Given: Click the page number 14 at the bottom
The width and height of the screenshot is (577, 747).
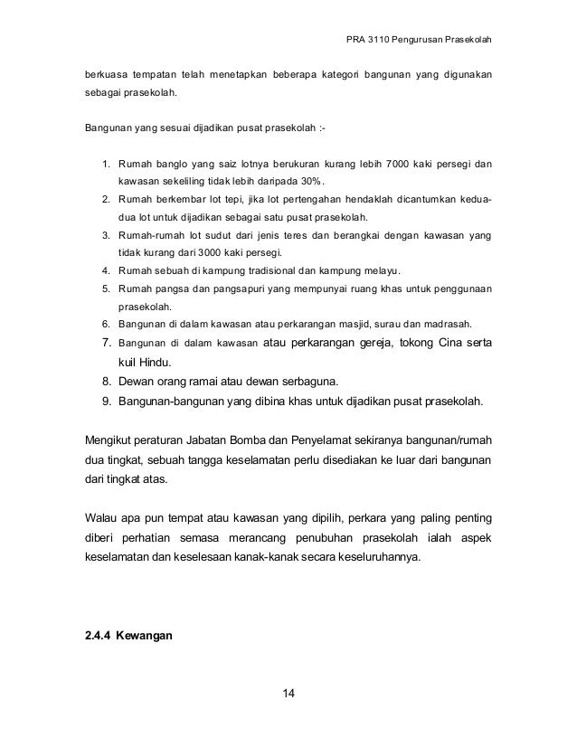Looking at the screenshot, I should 288,694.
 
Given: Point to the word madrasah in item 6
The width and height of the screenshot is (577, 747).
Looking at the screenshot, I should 457,324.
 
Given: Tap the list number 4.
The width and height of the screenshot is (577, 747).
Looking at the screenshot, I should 104,269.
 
